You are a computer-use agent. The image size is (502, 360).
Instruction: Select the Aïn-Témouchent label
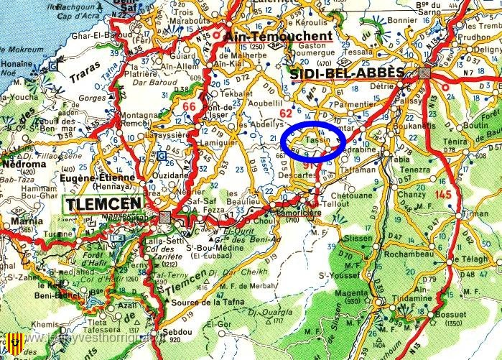[278, 35]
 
